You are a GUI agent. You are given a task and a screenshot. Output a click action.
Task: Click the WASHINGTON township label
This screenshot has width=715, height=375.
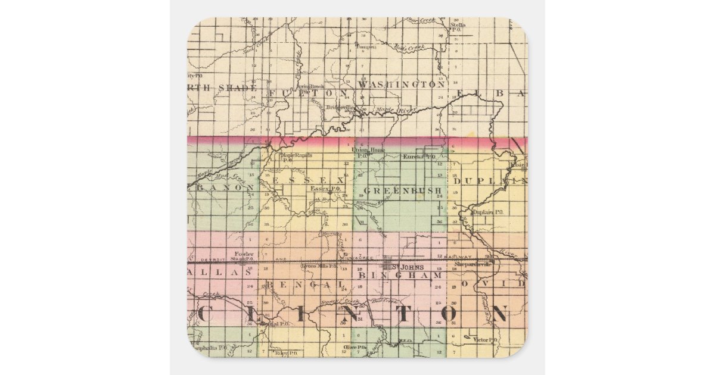[402, 85]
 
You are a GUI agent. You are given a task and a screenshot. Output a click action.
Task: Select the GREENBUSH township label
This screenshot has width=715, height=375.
[402, 191]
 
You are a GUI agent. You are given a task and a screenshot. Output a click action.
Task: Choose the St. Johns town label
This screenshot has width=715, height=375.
[411, 267]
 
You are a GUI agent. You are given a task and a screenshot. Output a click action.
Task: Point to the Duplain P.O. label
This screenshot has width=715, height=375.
[487, 212]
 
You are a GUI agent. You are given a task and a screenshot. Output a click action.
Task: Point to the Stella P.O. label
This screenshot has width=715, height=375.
[458, 27]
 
